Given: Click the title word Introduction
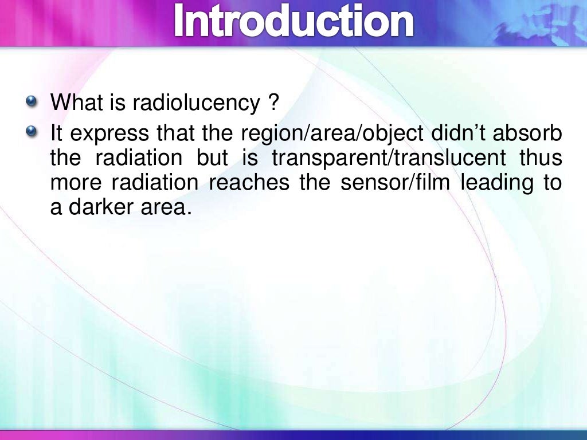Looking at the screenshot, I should coord(293,21).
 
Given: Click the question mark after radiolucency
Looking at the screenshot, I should coord(273,103).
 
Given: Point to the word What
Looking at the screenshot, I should coord(72,103).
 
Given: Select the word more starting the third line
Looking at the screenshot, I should coord(76,183).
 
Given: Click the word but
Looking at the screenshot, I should coord(212,158).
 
